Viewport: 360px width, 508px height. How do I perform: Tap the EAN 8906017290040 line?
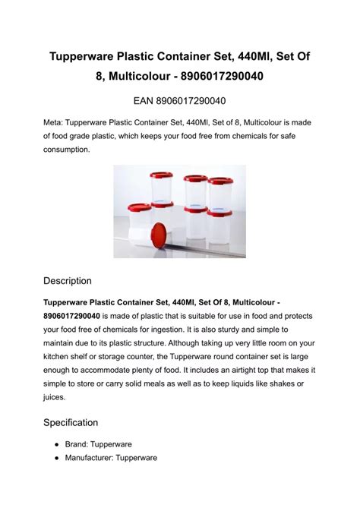(x=179, y=101)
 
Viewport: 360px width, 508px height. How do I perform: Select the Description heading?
(x=68, y=280)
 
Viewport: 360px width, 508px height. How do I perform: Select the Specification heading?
(x=71, y=421)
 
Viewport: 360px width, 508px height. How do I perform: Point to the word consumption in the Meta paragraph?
(x=67, y=150)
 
